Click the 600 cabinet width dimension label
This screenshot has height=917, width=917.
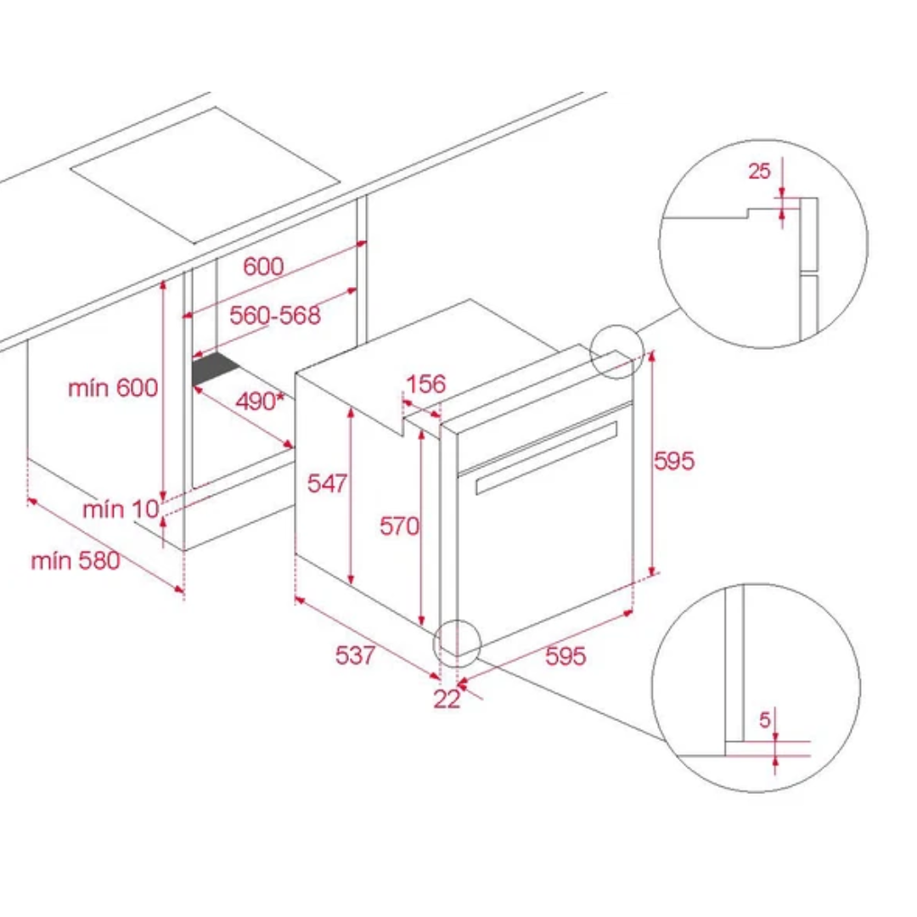click(x=263, y=267)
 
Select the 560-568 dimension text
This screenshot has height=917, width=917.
click(x=275, y=315)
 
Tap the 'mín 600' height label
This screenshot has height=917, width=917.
click(x=113, y=388)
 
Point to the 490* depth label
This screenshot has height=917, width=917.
click(x=260, y=401)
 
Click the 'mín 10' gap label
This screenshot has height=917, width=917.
click(x=121, y=509)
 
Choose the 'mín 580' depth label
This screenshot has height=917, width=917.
click(x=76, y=561)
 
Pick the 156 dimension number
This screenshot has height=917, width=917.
click(x=425, y=385)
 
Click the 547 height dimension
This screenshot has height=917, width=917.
click(x=327, y=483)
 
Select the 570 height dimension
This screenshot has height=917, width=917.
click(x=399, y=526)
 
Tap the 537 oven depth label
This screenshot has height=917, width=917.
click(x=355, y=655)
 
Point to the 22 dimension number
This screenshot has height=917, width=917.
click(x=447, y=699)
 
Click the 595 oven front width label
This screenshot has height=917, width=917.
click(x=565, y=655)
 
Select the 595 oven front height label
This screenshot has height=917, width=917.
click(x=674, y=461)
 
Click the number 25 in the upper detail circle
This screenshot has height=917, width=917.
click(x=759, y=171)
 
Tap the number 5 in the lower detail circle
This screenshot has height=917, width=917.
click(x=765, y=720)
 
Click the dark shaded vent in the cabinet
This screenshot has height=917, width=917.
click(x=215, y=369)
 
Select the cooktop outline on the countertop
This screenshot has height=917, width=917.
click(x=205, y=175)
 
